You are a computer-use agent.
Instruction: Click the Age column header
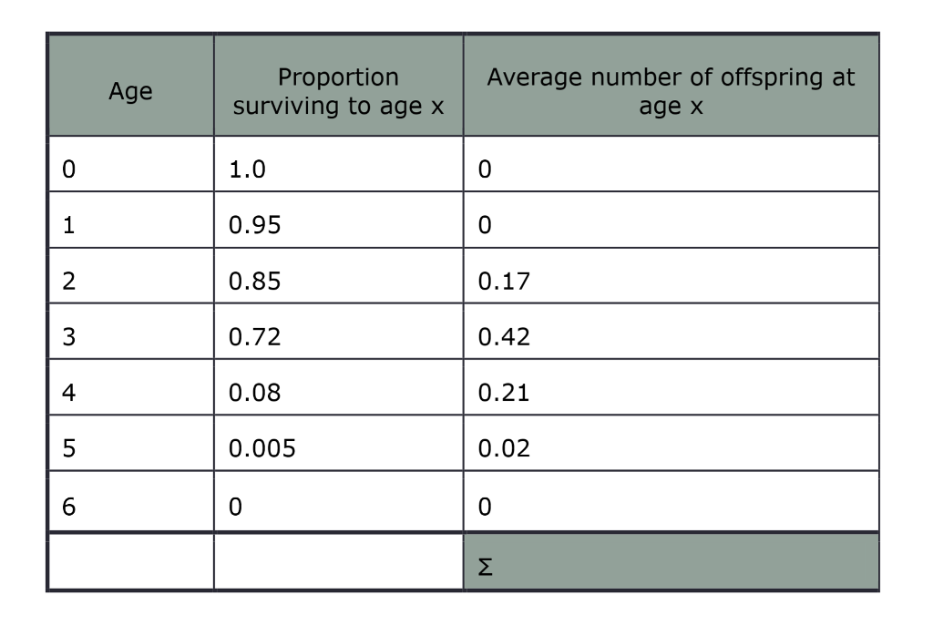point(130,91)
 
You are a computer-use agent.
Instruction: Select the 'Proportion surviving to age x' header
point(338,91)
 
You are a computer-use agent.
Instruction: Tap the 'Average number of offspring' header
point(671,91)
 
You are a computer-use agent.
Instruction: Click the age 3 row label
point(68,338)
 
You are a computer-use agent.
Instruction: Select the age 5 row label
point(68,450)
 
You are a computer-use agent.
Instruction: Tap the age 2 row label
point(68,282)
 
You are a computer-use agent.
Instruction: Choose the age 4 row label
point(68,394)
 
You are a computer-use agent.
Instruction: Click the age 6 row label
point(68,506)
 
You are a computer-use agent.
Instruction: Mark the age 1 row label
point(68,226)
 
